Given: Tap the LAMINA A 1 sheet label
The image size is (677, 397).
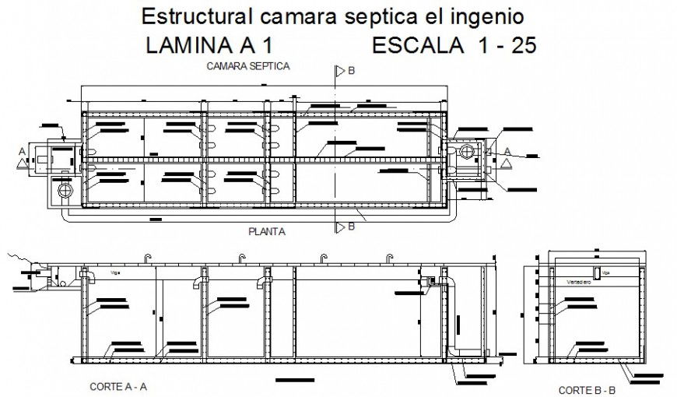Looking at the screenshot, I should point(209,46).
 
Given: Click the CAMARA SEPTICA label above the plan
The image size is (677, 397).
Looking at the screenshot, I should point(248,67).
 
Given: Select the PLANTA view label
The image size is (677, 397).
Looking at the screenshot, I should point(266,231).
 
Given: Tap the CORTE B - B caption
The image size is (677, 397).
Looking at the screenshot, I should point(588,389).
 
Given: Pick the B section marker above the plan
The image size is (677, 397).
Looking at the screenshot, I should point(351,71).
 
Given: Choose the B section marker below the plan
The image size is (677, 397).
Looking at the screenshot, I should point(351,227).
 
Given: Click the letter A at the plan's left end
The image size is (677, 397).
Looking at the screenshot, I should point(23,151).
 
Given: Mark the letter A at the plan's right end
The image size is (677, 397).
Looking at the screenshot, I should point(507,151).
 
